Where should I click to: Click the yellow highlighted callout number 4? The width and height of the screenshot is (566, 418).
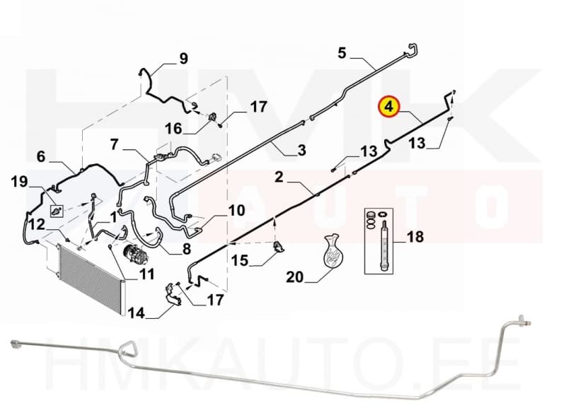pos(388,107)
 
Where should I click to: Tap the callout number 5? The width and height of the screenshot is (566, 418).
pos(342,53)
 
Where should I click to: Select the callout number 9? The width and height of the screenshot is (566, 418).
pos(184,58)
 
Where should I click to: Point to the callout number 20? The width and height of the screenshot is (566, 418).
pos(294,277)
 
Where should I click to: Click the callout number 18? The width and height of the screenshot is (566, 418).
pos(415,237)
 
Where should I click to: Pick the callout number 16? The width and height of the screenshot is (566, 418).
pos(173,129)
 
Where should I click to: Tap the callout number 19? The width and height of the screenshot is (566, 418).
pos(19,182)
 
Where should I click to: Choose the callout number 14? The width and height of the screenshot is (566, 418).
pos(136,313)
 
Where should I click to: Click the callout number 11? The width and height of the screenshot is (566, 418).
pos(146,274)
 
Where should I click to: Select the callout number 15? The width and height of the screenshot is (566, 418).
pos(240,260)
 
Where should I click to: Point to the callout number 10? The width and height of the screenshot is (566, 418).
pos(236,211)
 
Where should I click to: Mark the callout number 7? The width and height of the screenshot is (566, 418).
pos(115,144)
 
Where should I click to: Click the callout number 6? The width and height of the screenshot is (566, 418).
pos(41,156)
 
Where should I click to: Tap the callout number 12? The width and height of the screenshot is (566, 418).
pos(37,224)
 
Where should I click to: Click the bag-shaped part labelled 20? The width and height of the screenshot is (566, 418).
pos(331,251)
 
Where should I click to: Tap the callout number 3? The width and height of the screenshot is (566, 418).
pos(302,150)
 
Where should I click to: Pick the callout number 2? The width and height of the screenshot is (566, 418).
pos(279,178)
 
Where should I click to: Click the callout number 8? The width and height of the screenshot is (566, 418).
pos(187,249)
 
